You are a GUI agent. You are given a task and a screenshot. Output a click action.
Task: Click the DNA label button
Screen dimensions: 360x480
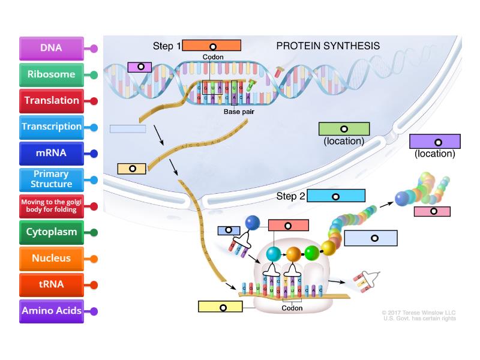[51, 49]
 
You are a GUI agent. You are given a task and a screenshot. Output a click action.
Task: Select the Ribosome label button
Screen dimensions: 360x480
[51, 75]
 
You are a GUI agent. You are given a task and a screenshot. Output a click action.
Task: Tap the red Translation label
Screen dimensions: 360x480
[51, 101]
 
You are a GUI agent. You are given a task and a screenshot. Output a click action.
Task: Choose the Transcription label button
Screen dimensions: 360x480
[51, 127]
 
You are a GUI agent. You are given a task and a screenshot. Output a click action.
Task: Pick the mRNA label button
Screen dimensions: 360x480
[51, 153]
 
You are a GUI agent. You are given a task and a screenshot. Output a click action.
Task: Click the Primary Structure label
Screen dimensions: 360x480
[51, 179]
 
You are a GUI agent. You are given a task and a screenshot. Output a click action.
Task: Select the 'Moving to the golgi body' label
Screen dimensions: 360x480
[51, 206]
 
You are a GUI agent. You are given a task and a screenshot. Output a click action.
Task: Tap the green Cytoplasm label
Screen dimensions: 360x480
[51, 232]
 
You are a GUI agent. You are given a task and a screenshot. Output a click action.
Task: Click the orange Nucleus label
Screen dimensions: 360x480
[51, 259]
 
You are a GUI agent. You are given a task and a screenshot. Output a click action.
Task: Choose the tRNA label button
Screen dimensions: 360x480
[51, 284]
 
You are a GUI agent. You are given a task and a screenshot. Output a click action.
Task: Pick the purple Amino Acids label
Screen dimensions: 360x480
[51, 311]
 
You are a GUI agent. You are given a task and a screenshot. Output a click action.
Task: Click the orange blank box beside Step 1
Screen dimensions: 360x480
[211, 46]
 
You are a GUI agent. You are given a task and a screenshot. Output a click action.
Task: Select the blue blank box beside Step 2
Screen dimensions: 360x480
[336, 196]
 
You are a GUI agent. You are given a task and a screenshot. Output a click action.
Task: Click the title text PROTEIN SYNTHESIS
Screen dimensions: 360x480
[328, 46]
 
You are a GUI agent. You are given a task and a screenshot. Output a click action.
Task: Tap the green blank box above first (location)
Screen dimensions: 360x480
[344, 129]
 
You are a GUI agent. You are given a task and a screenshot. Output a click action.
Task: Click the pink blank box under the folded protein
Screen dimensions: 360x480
[432, 211]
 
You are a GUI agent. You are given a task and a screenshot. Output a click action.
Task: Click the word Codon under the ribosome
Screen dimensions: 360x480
[292, 308]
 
